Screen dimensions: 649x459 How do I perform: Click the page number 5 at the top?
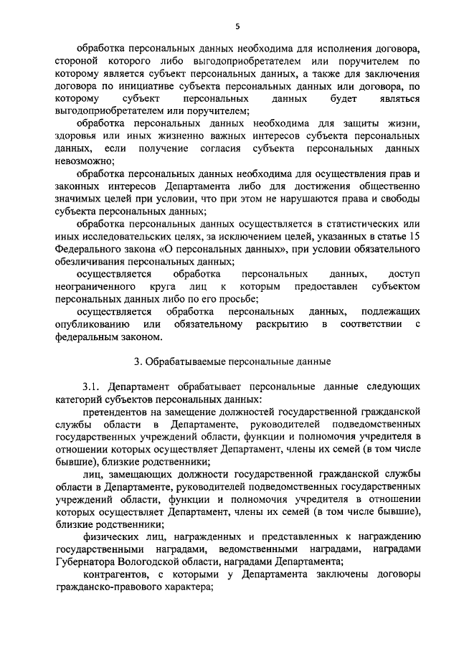[x=236, y=27]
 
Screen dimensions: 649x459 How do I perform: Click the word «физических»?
[x=109, y=536]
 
